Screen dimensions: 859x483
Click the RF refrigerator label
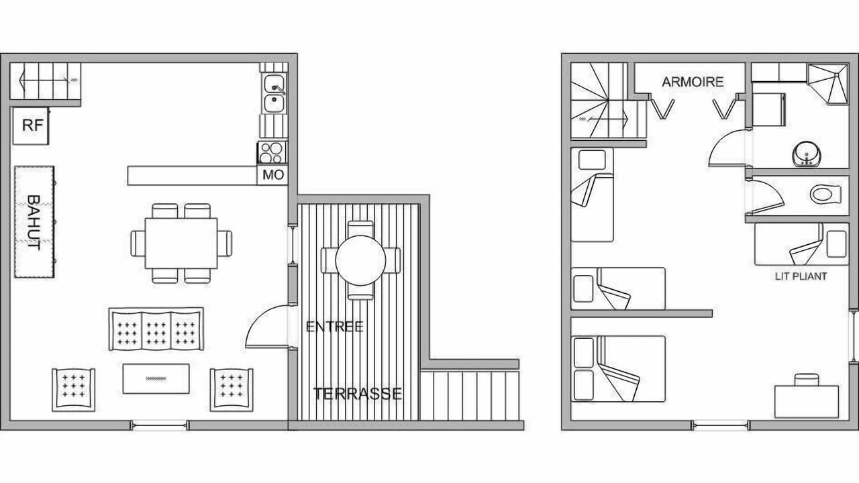pos(33,125)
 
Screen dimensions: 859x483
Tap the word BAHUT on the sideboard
pos(34,223)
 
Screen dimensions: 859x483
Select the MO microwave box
pos(272,176)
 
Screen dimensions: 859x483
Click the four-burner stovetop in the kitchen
pos(272,152)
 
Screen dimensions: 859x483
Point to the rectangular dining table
pos(181,244)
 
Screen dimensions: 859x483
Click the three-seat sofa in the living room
pos(156,329)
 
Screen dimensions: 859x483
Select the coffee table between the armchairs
pos(156,379)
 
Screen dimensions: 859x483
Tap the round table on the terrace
pos(360,260)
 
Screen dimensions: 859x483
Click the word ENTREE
pos(334,327)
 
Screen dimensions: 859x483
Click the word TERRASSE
pos(358,394)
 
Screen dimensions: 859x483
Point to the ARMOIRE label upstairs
pos(693,82)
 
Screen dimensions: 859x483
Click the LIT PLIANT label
pos(801,276)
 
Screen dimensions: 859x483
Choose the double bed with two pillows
pos(618,369)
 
